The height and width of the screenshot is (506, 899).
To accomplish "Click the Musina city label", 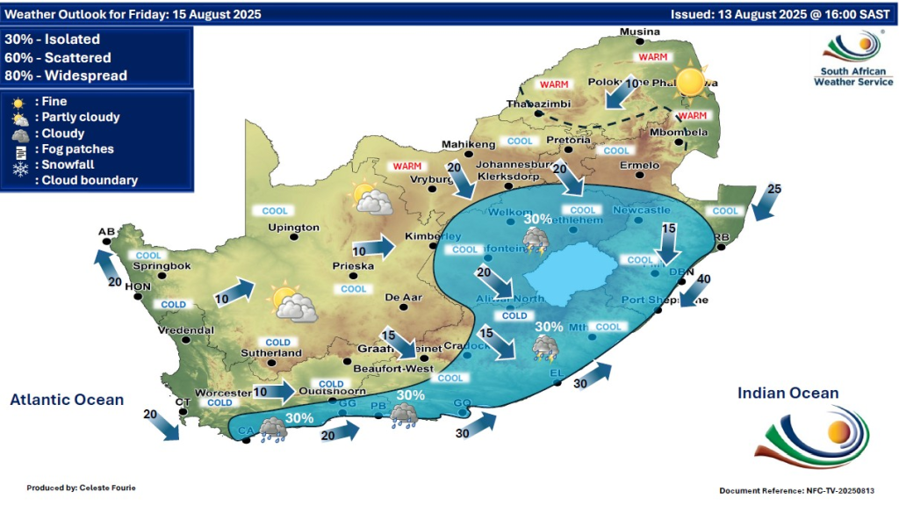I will pos(639,33).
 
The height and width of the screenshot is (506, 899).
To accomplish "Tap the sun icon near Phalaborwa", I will pos(691,82).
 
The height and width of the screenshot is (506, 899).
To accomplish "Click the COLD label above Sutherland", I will pos(277,343).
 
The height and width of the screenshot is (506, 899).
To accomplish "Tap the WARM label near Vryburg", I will pos(407,166).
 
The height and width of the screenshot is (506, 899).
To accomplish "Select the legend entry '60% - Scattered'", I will pos(58,58).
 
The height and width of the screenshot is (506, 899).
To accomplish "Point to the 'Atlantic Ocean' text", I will pos(67,400).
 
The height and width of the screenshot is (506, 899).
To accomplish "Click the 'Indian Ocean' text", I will pos(788,394).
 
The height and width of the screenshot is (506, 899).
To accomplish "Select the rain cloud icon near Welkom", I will pos(536,239).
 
